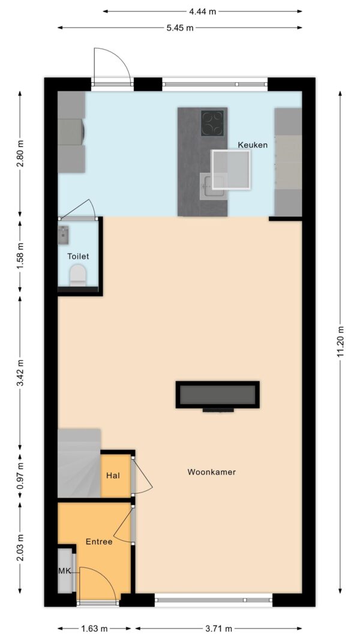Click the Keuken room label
(x=253, y=145)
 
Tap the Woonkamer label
(x=211, y=472)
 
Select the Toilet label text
(x=78, y=257)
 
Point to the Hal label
(x=113, y=476)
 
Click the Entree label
(x=99, y=542)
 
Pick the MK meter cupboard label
(x=64, y=571)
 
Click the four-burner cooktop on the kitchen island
(x=212, y=123)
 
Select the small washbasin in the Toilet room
(x=64, y=236)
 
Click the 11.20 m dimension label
(x=340, y=341)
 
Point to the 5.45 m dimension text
(x=180, y=28)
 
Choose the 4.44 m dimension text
(x=202, y=11)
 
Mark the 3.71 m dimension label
(x=219, y=629)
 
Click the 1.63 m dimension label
(x=95, y=629)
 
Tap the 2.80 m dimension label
(x=20, y=154)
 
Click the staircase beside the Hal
(x=79, y=463)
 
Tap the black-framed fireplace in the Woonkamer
(x=218, y=395)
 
